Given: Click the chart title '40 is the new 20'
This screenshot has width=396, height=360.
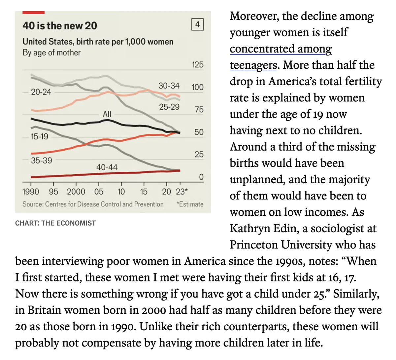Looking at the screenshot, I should click(x=60, y=26).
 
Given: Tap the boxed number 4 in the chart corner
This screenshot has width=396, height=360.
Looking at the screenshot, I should click(x=197, y=24).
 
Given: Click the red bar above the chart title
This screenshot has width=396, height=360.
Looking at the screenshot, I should click(x=33, y=13).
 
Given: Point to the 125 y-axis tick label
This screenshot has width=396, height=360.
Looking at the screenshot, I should click(x=197, y=65).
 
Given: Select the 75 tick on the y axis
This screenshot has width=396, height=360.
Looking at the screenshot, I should click(x=199, y=110).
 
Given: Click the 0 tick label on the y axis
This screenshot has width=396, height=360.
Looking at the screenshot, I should click(x=201, y=177).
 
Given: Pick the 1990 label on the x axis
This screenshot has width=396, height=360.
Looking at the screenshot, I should click(x=30, y=192).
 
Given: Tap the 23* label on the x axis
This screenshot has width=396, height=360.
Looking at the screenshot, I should click(x=182, y=192).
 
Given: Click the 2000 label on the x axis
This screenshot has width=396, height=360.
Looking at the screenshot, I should click(x=76, y=192).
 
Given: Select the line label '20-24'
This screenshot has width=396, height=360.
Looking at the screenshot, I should click(x=41, y=92).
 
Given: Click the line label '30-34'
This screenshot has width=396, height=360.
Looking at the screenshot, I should click(x=169, y=86).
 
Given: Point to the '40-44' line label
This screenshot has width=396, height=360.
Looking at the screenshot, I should click(x=107, y=167).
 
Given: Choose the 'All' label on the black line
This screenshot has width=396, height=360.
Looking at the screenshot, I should click(x=107, y=114).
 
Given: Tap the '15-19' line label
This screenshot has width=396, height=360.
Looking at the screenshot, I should click(x=39, y=136).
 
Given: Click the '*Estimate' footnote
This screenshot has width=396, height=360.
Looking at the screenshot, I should click(x=190, y=204).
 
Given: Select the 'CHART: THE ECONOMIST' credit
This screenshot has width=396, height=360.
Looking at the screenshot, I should click(x=55, y=223).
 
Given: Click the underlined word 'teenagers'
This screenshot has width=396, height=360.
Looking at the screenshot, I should click(x=253, y=65).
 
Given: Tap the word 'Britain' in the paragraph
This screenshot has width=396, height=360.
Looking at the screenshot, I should click(x=44, y=310).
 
